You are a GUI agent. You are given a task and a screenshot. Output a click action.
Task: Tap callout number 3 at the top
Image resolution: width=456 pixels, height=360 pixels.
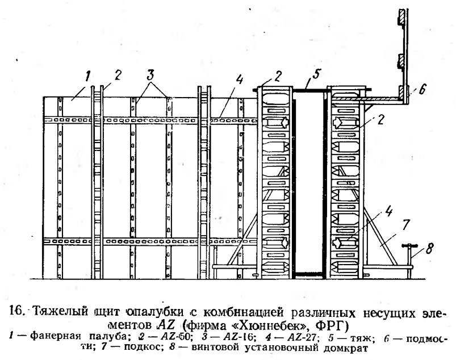pos(150,76)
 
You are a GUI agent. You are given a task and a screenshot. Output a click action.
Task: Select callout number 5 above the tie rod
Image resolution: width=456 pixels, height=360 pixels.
pos(316,74)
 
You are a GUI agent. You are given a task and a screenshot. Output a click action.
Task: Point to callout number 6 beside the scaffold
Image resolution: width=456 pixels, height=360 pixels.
pos(422,89)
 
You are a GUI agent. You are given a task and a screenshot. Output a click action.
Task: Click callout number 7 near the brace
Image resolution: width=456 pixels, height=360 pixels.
pos(405,225)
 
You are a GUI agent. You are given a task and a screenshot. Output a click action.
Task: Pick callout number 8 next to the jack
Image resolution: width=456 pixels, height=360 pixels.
pos(429,248)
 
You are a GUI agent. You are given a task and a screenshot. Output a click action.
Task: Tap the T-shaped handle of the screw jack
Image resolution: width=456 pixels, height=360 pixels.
pos(409,246)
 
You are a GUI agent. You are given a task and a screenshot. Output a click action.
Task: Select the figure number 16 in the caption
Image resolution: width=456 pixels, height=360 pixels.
pos(17,311)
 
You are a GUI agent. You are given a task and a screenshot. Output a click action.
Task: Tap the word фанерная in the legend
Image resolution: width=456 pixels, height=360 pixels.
pos(55,337)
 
